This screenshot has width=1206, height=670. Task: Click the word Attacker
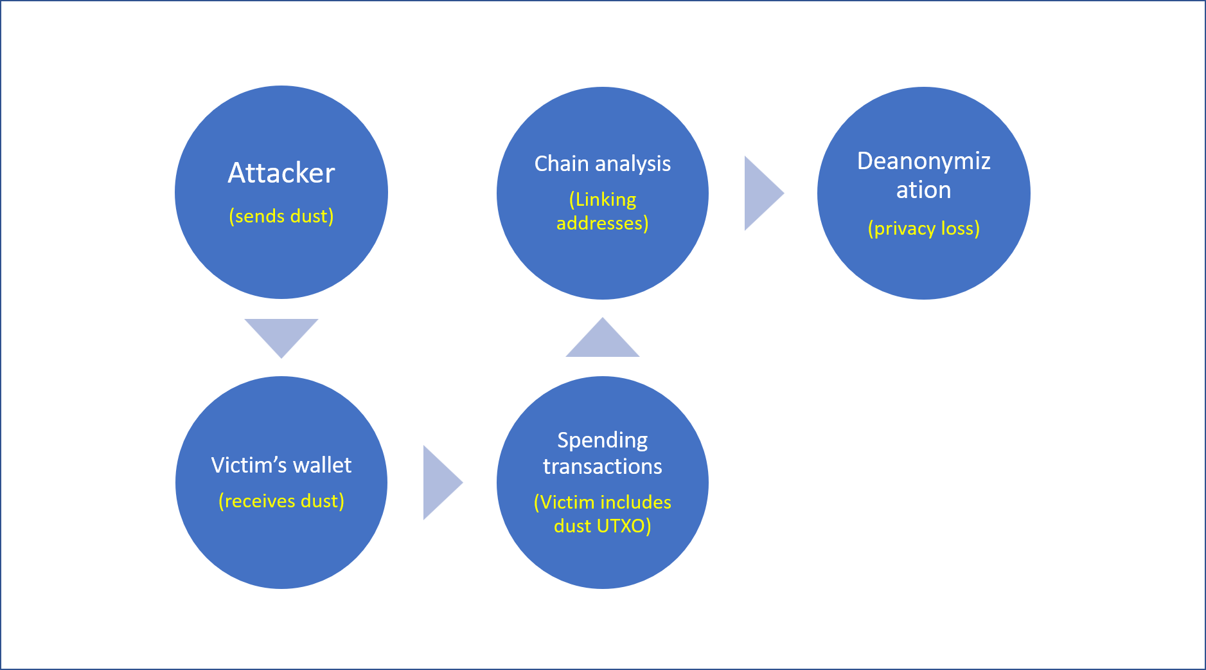281,173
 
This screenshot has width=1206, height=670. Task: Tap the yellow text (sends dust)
281,216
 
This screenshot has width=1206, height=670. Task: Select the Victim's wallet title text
281,465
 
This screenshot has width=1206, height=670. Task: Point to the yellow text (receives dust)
281,501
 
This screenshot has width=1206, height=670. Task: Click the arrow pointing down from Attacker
281,338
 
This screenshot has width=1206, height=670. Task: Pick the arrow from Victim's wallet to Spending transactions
443,483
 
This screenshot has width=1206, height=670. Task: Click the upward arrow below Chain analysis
603,338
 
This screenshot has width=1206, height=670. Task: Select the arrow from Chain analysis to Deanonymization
764,193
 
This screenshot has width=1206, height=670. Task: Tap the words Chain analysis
603,164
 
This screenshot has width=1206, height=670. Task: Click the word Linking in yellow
606,200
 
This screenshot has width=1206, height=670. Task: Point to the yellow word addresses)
603,223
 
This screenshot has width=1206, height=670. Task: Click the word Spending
603,440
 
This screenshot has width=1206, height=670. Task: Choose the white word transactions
603,466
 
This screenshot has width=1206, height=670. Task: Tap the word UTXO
621,526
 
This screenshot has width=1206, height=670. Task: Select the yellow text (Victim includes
603,502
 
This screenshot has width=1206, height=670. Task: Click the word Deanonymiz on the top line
924,161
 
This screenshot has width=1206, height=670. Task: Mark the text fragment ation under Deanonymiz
924,190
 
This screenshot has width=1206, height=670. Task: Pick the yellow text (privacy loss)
924,228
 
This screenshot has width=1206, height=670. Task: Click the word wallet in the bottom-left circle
323,465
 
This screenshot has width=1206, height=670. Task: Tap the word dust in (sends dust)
312,216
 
